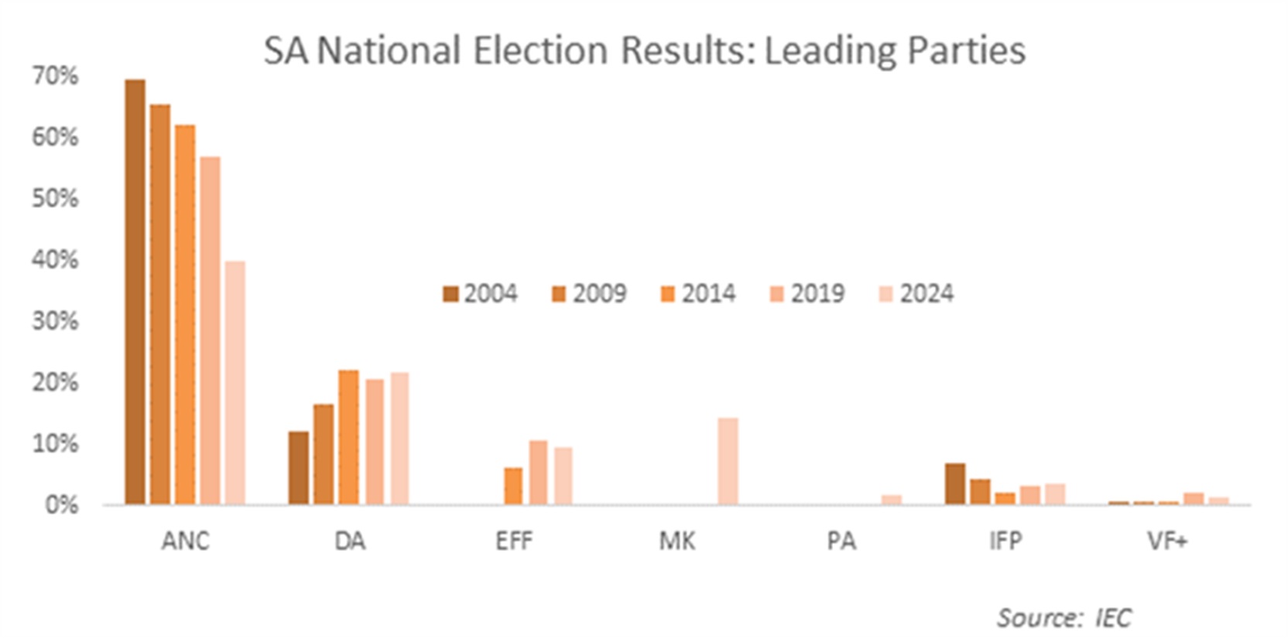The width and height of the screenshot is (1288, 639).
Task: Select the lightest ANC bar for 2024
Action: (x=235, y=383)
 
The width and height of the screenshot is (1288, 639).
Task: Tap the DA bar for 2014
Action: (x=348, y=437)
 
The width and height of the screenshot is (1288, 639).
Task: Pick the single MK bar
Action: (x=728, y=461)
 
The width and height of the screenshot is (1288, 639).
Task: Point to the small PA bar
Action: (x=892, y=500)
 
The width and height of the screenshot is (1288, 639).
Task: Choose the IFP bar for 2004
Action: (x=955, y=484)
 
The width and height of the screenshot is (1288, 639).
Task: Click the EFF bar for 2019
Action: (x=538, y=472)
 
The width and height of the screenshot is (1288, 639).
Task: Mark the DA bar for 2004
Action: (x=299, y=467)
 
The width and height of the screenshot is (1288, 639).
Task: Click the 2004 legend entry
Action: (x=480, y=294)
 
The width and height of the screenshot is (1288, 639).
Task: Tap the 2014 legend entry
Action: (x=698, y=294)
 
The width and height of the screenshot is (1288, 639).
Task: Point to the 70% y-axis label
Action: (x=56, y=76)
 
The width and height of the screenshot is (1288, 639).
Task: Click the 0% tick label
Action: (x=62, y=505)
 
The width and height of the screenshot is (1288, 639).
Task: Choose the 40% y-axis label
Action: (x=56, y=260)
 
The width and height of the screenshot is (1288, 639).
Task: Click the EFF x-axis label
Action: (x=514, y=541)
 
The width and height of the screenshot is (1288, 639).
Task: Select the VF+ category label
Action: (x=1167, y=541)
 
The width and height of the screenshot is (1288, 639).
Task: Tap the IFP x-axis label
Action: (x=1005, y=541)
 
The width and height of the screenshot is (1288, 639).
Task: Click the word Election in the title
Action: (x=540, y=51)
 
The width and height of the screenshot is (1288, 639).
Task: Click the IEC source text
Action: (x=1112, y=617)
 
